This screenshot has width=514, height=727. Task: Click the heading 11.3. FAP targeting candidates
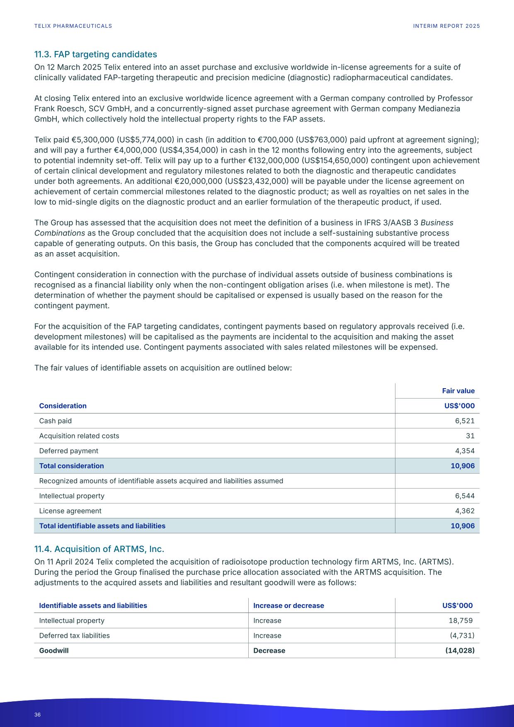tap(95, 54)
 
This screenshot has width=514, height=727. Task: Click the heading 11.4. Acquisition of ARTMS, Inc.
tap(99, 549)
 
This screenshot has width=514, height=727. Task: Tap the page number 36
tap(38, 715)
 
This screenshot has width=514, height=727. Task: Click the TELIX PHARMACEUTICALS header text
tap(73, 26)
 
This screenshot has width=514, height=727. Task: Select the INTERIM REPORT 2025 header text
tap(446, 26)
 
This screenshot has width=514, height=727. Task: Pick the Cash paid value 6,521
tap(464, 421)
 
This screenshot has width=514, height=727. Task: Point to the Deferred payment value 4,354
tap(464, 451)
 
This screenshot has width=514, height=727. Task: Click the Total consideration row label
tap(71, 466)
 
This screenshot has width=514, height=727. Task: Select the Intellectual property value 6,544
tap(464, 496)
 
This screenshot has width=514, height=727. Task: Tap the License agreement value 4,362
tap(464, 511)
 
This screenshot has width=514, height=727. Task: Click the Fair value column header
tap(458, 391)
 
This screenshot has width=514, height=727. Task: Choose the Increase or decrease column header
tap(289, 605)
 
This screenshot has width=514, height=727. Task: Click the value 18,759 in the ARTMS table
tap(461, 620)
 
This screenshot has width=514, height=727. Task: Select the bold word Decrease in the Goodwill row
tap(269, 651)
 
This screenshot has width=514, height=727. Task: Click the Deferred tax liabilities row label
tap(74, 636)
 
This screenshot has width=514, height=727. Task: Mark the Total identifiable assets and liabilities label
tap(102, 526)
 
